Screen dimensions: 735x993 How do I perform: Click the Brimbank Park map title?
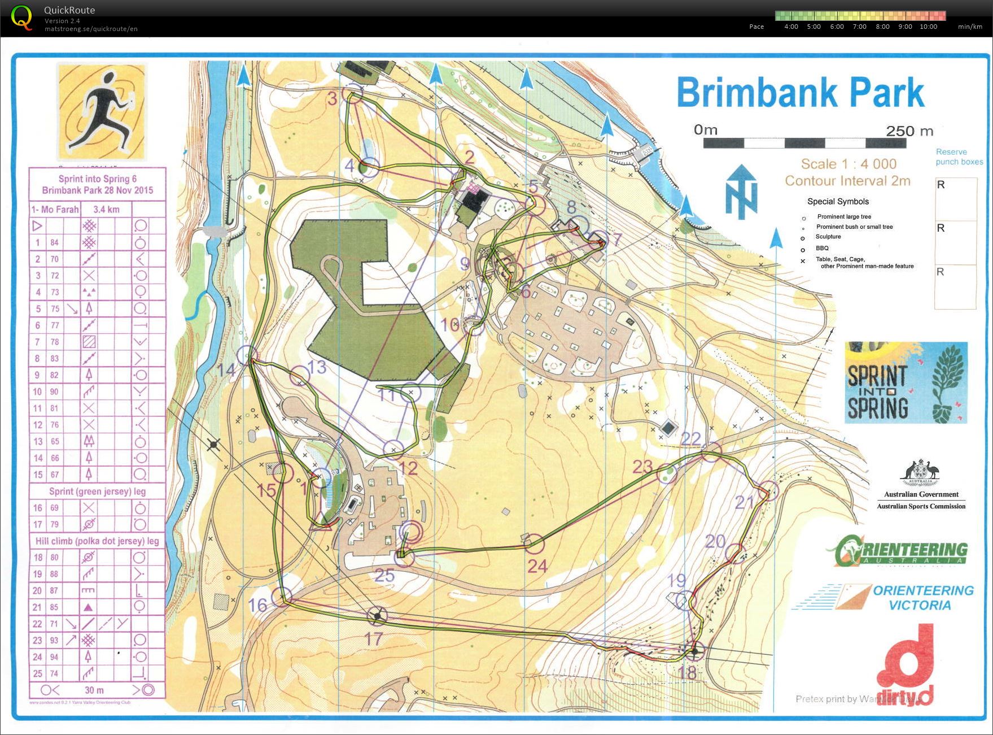pos(800,92)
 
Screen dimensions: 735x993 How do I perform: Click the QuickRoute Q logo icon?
pos(21,17)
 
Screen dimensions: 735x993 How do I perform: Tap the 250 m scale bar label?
pos(909,131)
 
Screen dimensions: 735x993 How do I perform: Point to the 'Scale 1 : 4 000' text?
pos(848,164)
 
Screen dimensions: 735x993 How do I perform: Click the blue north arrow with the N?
pos(741,192)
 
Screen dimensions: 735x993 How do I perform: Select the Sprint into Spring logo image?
pos(905,382)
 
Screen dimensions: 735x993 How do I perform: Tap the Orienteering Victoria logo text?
pos(923,598)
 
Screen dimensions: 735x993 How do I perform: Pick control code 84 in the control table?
pos(54,242)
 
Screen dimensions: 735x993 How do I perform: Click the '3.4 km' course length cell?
pos(106,210)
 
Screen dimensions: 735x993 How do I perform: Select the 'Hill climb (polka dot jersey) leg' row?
pos(97,541)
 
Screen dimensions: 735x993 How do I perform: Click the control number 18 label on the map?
pos(688,672)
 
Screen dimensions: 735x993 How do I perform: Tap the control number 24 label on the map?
pos(537,566)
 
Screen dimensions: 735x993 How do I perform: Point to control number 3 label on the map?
pos(332,99)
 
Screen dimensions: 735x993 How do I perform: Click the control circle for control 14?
pos(247,355)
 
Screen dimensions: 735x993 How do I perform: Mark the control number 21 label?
pos(745,502)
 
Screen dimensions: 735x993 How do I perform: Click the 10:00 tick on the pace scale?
pos(928,27)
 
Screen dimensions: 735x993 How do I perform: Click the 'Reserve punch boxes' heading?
pos(959,156)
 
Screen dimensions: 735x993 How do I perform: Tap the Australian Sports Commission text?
pos(921,506)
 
